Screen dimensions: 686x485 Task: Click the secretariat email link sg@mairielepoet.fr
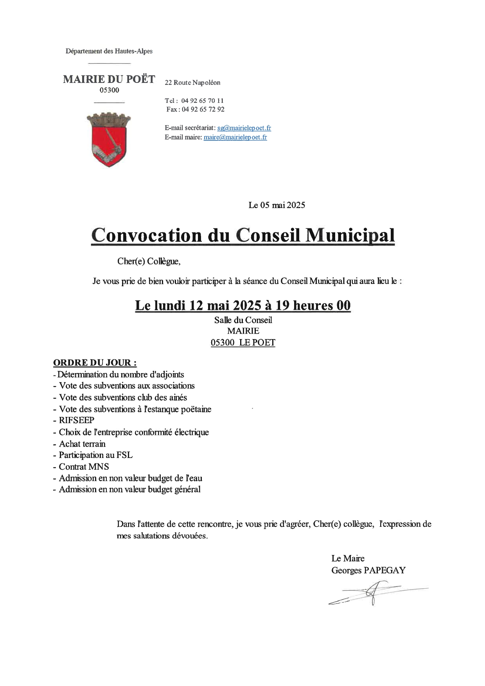244,128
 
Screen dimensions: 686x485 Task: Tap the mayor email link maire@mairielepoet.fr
235,137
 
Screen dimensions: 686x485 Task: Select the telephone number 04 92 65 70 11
202,101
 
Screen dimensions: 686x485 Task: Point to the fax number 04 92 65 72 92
203,110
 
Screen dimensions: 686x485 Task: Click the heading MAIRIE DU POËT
109,79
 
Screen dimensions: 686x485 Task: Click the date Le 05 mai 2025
277,205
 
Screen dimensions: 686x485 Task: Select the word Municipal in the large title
350,235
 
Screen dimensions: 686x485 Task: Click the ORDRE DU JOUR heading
95,363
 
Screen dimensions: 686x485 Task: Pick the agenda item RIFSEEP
76,420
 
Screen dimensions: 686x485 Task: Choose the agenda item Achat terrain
82,444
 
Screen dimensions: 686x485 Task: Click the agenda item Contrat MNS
84,467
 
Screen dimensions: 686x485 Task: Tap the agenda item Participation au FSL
95,455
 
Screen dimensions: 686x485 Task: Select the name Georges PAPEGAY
368,570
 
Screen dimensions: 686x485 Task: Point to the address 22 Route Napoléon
192,83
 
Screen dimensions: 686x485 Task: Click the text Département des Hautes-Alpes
109,51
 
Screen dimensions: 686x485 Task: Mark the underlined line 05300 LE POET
243,343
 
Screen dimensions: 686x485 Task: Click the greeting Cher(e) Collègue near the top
149,261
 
